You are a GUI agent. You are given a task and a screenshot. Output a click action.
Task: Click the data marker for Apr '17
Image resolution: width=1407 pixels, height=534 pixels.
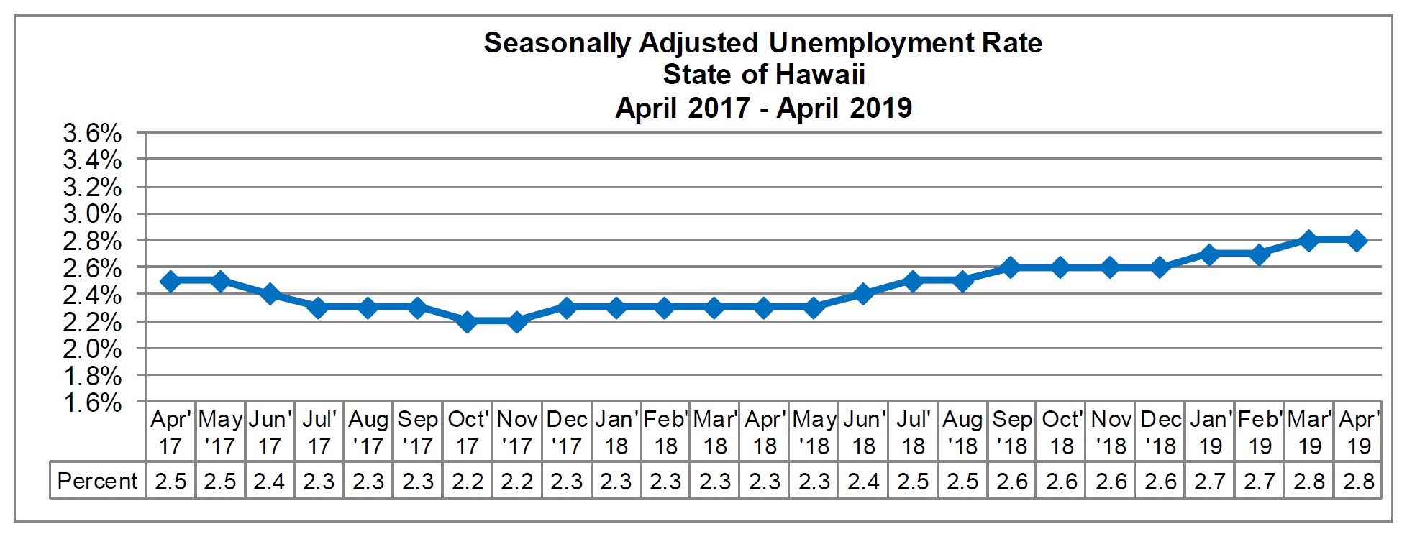point(170,281)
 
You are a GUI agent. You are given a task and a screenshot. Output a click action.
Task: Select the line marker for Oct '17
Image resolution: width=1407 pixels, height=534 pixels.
point(468,321)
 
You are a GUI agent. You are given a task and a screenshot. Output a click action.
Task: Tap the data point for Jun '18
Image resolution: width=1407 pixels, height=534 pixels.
point(864,294)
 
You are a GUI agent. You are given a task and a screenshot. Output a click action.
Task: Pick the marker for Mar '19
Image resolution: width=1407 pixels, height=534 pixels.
point(1309,241)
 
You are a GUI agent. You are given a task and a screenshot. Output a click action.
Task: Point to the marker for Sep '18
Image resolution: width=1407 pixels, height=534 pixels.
point(1011,267)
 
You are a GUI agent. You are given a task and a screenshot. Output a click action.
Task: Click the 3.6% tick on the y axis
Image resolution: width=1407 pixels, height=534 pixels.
point(93,134)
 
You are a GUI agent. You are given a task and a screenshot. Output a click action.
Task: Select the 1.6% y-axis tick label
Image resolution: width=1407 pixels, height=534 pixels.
point(93,402)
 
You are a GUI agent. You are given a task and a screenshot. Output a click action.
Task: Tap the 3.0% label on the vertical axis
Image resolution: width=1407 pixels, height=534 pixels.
point(93,214)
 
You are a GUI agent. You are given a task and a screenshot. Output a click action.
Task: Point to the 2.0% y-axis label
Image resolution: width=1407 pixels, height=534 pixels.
point(93,349)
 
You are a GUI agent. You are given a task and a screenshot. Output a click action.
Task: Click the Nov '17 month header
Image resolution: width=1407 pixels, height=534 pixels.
point(517,432)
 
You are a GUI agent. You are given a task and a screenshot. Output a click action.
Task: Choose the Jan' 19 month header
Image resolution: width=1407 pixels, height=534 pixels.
point(1211,432)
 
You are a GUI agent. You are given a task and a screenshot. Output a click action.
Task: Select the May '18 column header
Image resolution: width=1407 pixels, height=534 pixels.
point(814,432)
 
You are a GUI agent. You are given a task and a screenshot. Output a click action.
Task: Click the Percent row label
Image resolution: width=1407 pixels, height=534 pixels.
point(97,481)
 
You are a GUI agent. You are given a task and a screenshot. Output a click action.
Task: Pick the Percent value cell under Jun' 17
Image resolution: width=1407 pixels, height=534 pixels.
point(269,481)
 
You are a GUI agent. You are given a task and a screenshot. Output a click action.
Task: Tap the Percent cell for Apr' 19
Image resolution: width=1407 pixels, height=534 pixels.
point(1359,481)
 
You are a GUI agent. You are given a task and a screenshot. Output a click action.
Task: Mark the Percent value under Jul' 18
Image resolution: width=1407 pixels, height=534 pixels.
point(913,481)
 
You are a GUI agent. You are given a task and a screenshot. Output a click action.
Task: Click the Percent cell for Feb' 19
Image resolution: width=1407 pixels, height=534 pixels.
point(1260,481)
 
